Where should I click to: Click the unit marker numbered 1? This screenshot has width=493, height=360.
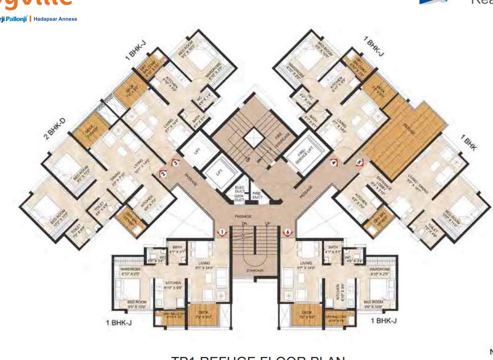pos(222,232)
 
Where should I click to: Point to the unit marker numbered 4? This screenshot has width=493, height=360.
pos(333,162)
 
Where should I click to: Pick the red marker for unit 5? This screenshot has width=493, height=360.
pos(359,162)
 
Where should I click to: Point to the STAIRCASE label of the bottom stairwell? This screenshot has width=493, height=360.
pos(255,271)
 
